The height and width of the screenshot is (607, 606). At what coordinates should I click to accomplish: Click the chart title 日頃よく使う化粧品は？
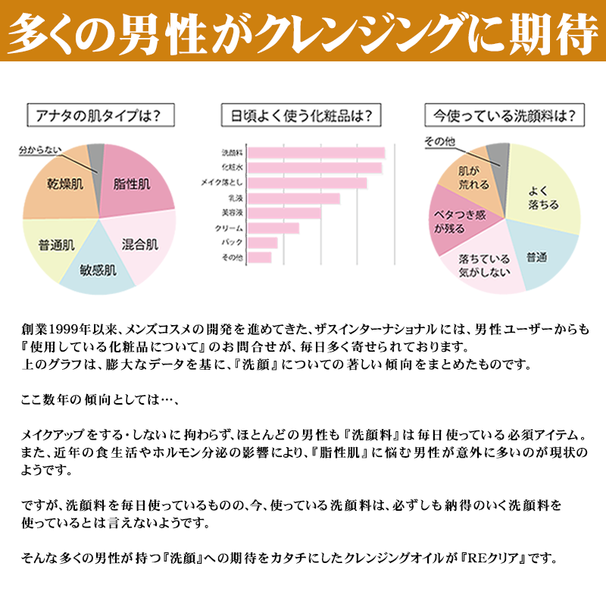pyautogui.click(x=301, y=117)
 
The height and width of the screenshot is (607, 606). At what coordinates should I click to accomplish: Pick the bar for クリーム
pyautogui.click(x=274, y=228)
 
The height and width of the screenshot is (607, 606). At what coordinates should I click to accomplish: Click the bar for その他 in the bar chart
pyautogui.click(x=260, y=258)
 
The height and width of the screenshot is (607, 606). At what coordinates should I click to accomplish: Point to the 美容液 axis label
pyautogui.click(x=232, y=213)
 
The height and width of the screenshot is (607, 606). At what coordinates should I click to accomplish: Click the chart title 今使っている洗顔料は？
pyautogui.click(x=504, y=117)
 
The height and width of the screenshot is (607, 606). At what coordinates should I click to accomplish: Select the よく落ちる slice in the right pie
pyautogui.click(x=544, y=196)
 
